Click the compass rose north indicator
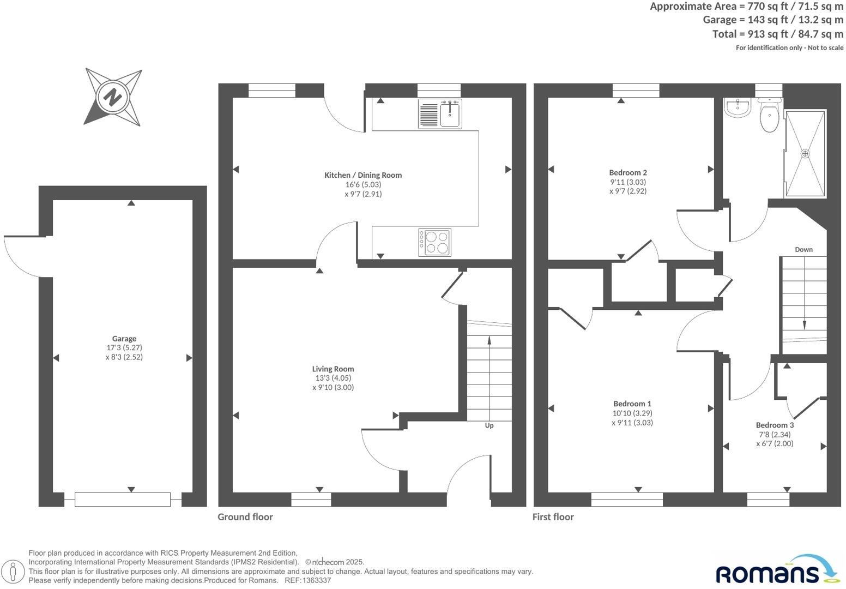(113, 98)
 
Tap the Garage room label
(124, 339)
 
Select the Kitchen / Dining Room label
(363, 175)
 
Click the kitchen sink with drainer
(440, 114)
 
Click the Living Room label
(333, 369)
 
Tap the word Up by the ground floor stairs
(489, 425)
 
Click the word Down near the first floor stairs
(803, 249)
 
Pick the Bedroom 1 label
(632, 404)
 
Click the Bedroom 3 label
(775, 425)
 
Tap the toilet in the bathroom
(769, 117)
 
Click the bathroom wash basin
(739, 107)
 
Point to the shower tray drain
(805, 154)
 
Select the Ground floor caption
(245, 517)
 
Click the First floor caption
(553, 517)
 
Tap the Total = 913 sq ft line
(777, 34)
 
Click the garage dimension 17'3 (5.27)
(124, 348)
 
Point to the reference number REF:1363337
(307, 580)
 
